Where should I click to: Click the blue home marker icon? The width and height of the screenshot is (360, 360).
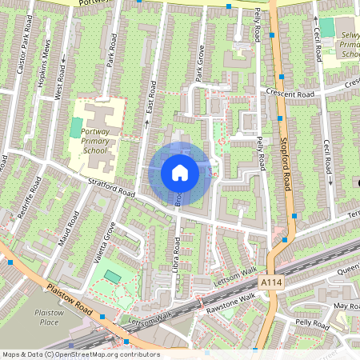pyautogui.click(x=180, y=172)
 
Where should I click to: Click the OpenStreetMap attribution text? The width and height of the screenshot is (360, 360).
pyautogui.click(x=80, y=354)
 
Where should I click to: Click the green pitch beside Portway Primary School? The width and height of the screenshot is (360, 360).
pyautogui.click(x=76, y=127)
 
